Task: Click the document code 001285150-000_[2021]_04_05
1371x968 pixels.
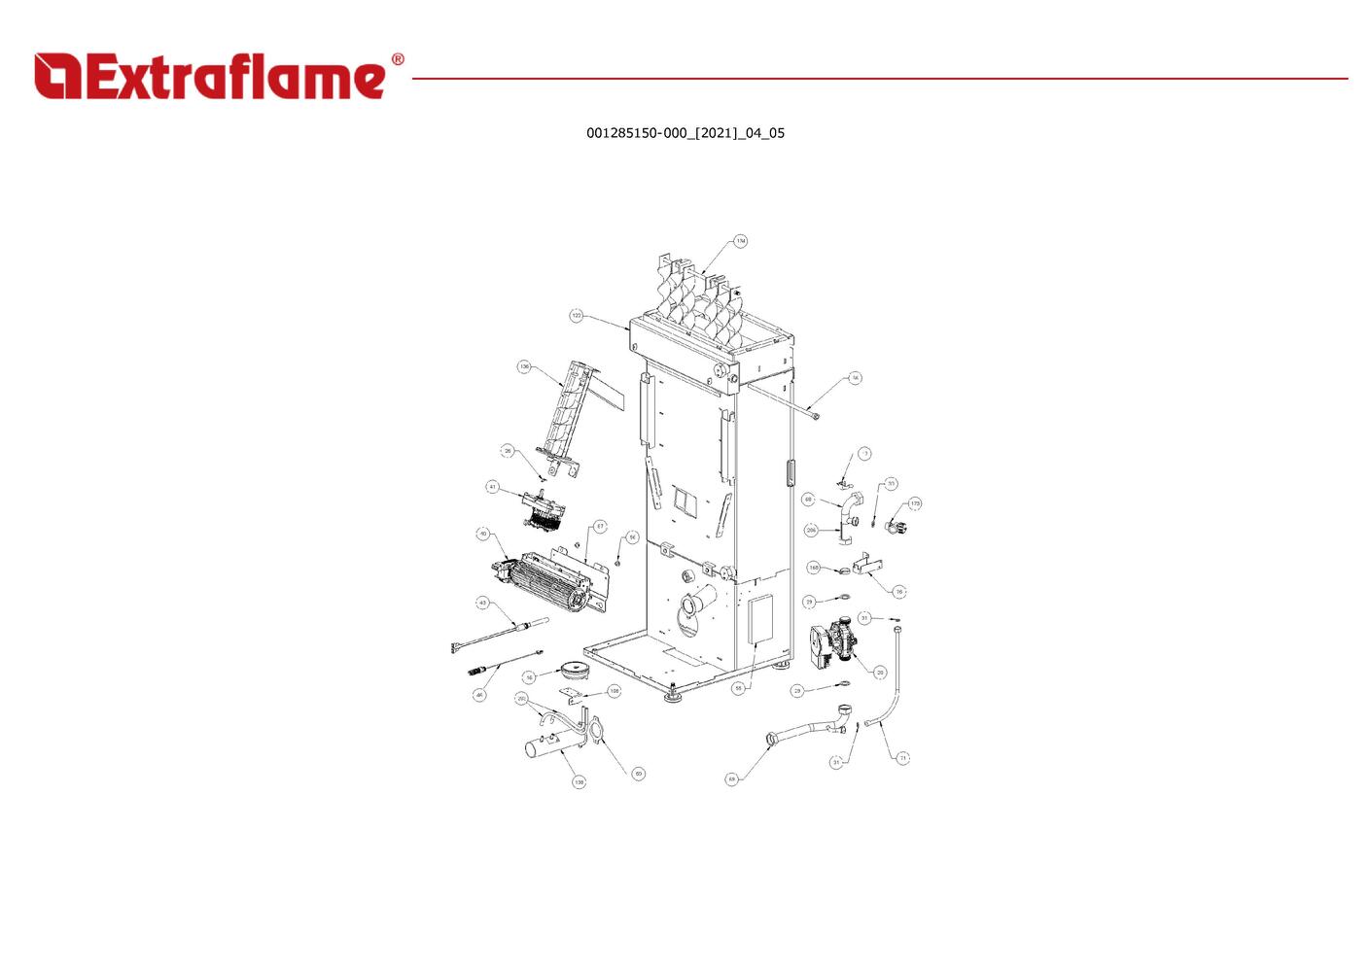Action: point(685,133)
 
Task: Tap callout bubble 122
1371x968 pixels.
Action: point(577,316)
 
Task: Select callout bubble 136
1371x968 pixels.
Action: point(524,367)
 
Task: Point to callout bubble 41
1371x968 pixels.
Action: point(493,487)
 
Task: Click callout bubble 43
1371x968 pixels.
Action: point(482,604)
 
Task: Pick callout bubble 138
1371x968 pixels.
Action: point(580,781)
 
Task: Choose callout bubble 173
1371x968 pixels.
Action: point(915,503)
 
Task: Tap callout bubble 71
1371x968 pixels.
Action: point(902,757)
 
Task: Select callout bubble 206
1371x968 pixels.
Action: point(811,531)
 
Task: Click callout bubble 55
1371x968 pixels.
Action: point(738,688)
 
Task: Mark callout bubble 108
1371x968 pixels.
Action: point(614,691)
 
